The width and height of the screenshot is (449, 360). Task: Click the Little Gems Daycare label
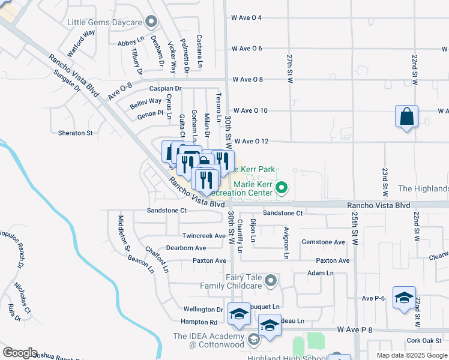104,22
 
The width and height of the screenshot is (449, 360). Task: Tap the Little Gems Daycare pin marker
151,23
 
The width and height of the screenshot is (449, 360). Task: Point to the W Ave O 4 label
247,17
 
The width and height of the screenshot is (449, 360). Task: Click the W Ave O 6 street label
247,48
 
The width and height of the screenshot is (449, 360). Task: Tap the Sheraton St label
76,133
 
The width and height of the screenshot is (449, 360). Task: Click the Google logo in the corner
20,353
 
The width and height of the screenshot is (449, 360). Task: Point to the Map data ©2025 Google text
411,355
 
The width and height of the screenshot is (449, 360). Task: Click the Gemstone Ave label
324,242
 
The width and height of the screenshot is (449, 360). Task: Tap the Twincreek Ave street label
203,236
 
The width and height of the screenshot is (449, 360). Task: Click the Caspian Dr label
165,88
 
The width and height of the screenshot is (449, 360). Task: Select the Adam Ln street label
320,273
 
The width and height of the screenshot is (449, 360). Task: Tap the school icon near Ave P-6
404,298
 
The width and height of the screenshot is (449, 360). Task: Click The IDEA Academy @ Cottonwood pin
253,340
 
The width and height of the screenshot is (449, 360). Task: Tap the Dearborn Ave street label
186,248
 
